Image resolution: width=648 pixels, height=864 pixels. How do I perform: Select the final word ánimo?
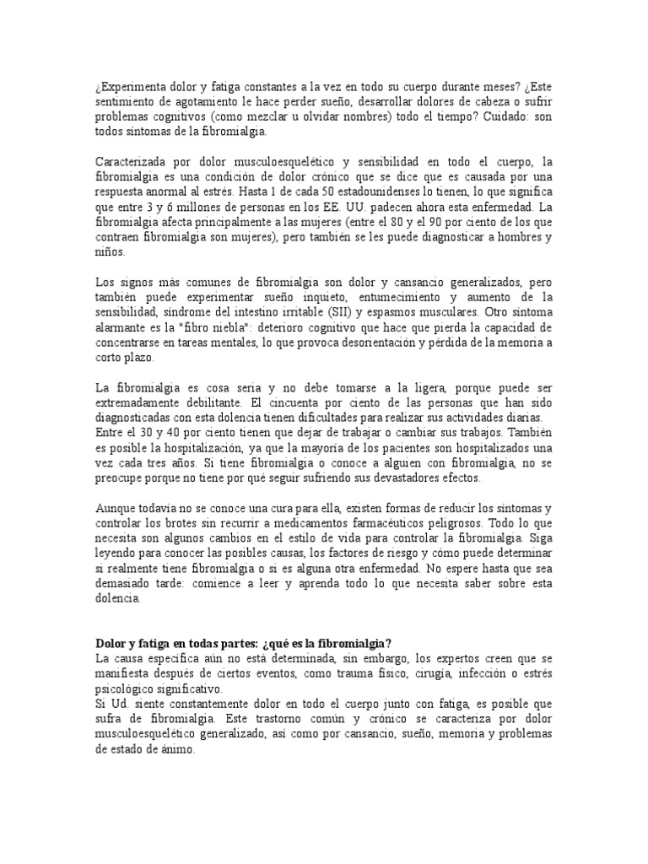pos(178,749)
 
